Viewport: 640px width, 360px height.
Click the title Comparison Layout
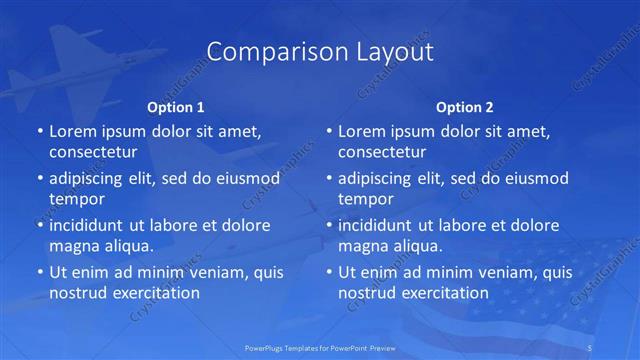[320, 51]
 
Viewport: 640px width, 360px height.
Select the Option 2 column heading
[465, 107]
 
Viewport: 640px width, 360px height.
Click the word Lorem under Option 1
[73, 131]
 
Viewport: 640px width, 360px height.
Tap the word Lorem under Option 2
[363, 131]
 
